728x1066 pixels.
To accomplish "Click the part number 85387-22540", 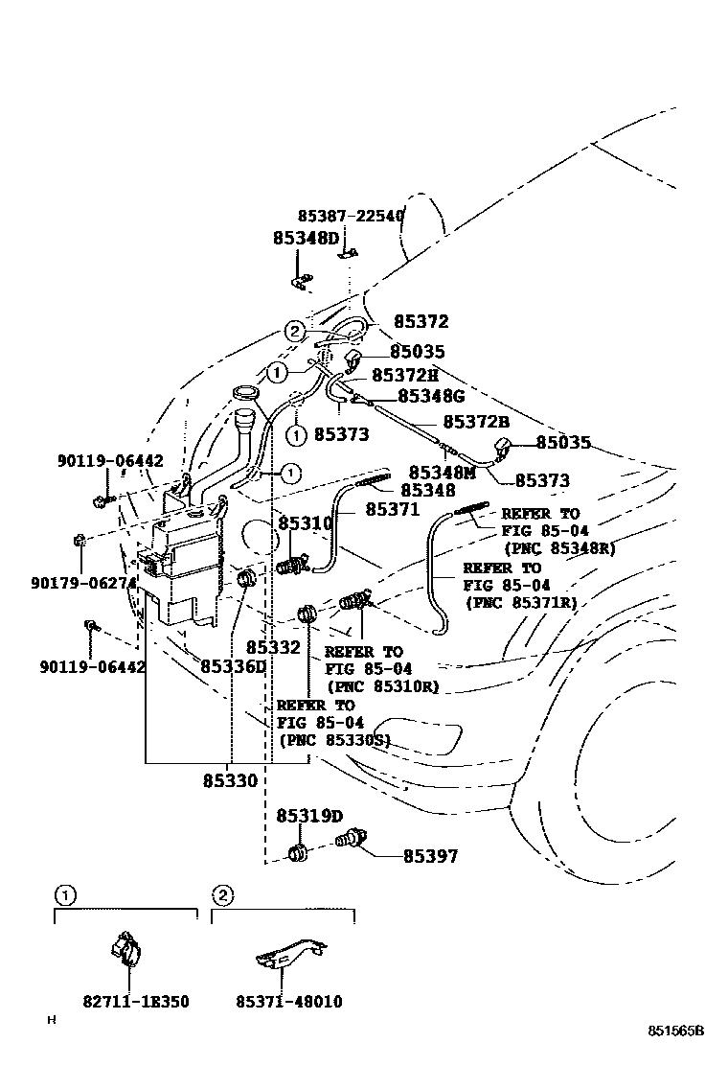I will tap(351, 217).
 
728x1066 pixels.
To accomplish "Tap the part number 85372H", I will tap(404, 375).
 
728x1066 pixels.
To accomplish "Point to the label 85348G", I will tap(431, 395).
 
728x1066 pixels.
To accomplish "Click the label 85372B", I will tap(476, 422).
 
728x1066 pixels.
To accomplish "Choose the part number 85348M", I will tap(443, 472).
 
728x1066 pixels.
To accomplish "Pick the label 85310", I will tap(305, 523).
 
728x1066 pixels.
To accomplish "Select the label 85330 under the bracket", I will tap(230, 780).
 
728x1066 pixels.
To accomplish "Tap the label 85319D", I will tap(309, 816).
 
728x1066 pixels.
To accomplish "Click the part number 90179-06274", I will tap(82, 582).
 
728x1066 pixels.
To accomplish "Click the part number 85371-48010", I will tap(288, 1002).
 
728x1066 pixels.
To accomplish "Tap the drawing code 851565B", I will tap(674, 1031).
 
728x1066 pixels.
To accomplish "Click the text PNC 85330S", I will tap(334, 740).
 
